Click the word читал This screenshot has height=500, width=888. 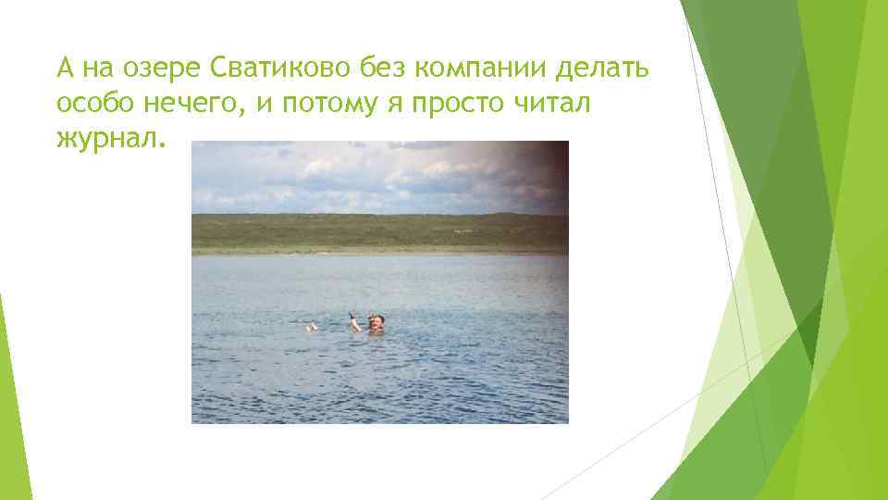coord(559,104)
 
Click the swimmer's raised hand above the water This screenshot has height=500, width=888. coord(353,317)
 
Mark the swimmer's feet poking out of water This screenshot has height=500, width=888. coord(313,326)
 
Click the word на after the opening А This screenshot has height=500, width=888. coord(97,69)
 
